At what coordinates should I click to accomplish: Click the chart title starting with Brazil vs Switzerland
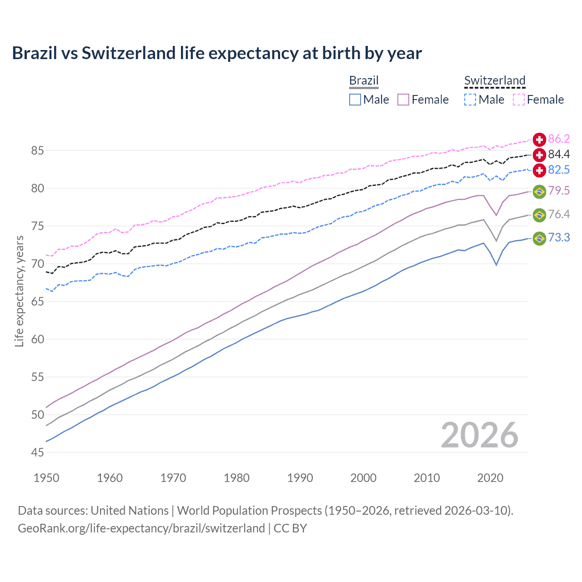(x=217, y=53)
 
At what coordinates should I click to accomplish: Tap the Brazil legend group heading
(x=364, y=80)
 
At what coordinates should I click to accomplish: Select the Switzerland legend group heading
(x=495, y=80)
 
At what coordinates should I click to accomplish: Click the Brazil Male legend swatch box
(x=355, y=100)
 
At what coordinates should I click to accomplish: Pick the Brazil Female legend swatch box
(x=403, y=100)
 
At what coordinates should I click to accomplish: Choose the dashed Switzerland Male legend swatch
(x=470, y=100)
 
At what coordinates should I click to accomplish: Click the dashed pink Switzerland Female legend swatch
(x=519, y=100)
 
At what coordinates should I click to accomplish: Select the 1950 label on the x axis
(x=46, y=478)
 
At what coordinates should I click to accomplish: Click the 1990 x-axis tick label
(x=300, y=478)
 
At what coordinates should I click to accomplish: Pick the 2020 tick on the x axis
(x=490, y=478)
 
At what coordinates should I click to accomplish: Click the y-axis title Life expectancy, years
(x=19, y=291)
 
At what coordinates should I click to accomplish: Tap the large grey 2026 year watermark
(x=480, y=435)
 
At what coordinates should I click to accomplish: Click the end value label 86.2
(x=559, y=139)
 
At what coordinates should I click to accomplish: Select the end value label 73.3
(x=559, y=238)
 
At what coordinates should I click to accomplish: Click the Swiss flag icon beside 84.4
(x=539, y=155)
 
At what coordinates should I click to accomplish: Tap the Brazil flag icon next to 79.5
(x=539, y=191)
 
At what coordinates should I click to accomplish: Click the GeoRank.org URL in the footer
(x=141, y=528)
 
